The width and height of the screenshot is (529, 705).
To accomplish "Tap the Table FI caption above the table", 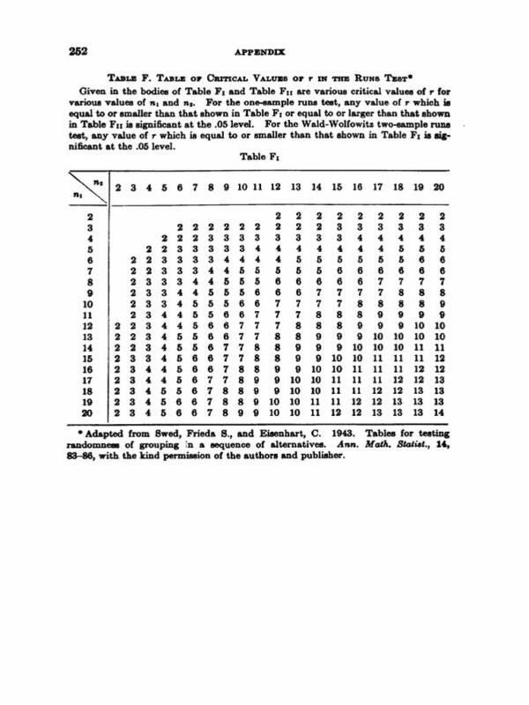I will tap(271, 157).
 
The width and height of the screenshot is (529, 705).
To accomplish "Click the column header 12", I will tap(276, 186).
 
